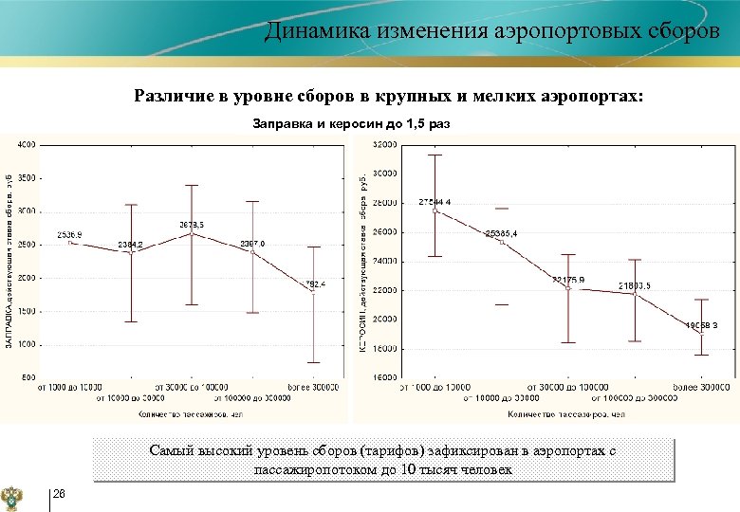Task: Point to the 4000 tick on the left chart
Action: pyautogui.click(x=27, y=144)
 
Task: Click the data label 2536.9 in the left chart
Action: pyautogui.click(x=69, y=234)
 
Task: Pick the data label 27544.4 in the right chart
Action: pyautogui.click(x=435, y=202)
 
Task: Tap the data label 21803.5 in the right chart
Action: pyautogui.click(x=635, y=285)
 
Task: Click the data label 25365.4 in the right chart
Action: pyautogui.click(x=501, y=233)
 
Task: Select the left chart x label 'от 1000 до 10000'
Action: pyautogui.click(x=69, y=387)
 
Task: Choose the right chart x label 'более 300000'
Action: pyautogui.click(x=701, y=387)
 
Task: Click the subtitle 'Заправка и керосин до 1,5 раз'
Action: pyautogui.click(x=352, y=124)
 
